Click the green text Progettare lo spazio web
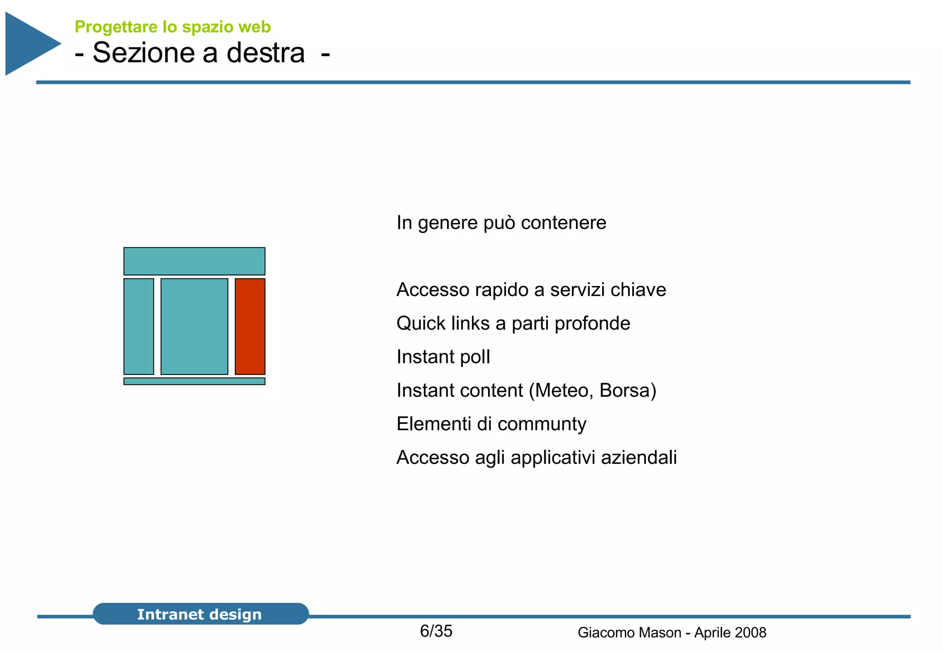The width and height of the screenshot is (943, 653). pyautogui.click(x=172, y=27)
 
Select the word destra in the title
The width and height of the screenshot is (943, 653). pyautogui.click(x=266, y=52)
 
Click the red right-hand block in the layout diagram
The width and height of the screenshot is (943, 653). pyautogui.click(x=250, y=326)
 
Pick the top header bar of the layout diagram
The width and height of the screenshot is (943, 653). pyautogui.click(x=194, y=261)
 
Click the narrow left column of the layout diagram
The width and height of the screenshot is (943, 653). pyautogui.click(x=139, y=326)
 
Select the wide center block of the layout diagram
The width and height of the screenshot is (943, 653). pyautogui.click(x=194, y=326)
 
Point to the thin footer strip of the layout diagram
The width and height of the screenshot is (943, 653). pyautogui.click(x=194, y=381)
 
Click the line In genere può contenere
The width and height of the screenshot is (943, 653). pyautogui.click(x=501, y=223)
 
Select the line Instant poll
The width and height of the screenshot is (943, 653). pyautogui.click(x=443, y=357)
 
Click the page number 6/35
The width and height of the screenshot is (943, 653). pyautogui.click(x=436, y=631)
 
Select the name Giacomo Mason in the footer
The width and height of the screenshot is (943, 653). pyautogui.click(x=629, y=633)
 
